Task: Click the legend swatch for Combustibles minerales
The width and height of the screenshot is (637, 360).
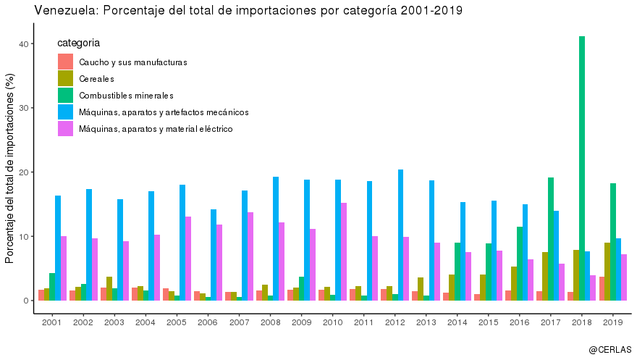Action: tap(65, 96)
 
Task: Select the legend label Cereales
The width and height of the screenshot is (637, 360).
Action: tap(97, 79)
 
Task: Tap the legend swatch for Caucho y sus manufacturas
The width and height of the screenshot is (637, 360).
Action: tap(65, 62)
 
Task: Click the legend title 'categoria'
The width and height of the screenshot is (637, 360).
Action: tap(78, 43)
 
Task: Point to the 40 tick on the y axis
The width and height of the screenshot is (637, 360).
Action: tap(24, 44)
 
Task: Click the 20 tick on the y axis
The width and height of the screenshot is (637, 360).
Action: tap(24, 172)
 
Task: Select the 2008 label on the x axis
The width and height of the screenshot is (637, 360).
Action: tap(270, 322)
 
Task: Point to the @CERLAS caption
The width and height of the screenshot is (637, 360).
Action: tap(609, 349)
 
